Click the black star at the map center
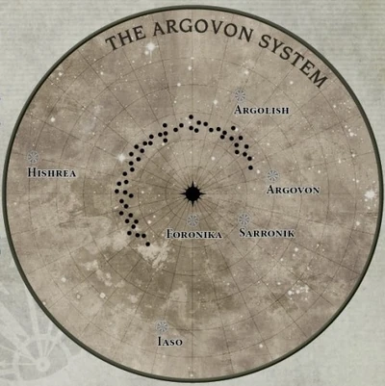[192, 193]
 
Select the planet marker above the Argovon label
[272, 176]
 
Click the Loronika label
[194, 234]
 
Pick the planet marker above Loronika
[193, 219]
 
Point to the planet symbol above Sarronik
[244, 219]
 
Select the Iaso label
[167, 341]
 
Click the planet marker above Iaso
[161, 325]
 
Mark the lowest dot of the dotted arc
[147, 244]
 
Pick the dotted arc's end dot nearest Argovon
[250, 167]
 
